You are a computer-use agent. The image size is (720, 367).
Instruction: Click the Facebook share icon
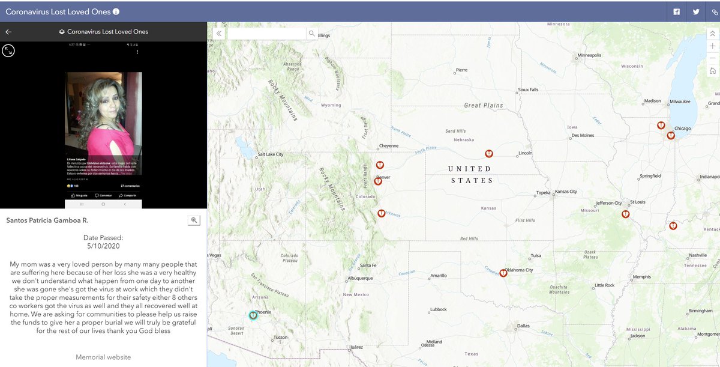point(676,11)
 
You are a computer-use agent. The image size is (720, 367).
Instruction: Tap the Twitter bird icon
point(696,11)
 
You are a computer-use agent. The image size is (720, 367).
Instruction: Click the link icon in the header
point(715,11)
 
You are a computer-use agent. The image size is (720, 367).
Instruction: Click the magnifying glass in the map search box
point(311,34)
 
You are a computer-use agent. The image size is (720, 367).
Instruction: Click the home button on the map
point(712,71)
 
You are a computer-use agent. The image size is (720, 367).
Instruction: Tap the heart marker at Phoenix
point(253,315)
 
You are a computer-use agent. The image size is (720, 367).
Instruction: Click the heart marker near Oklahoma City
point(503,273)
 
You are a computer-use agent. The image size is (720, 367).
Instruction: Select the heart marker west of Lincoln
point(489,154)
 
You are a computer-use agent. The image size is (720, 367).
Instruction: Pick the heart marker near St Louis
point(625,213)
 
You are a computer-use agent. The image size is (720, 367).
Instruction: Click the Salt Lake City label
point(270,154)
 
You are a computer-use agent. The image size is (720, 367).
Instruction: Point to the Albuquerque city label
point(361,278)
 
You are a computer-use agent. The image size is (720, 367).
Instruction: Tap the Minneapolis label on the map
point(589,55)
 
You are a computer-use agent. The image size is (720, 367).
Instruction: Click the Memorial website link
point(103,357)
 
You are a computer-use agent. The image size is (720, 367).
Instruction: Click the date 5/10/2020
point(103,246)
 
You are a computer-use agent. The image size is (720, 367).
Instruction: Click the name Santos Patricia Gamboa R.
point(47,220)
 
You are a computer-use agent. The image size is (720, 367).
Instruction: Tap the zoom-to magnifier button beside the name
point(194,220)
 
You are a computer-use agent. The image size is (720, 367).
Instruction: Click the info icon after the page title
point(116,11)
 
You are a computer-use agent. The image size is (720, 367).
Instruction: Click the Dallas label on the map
point(523,326)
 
